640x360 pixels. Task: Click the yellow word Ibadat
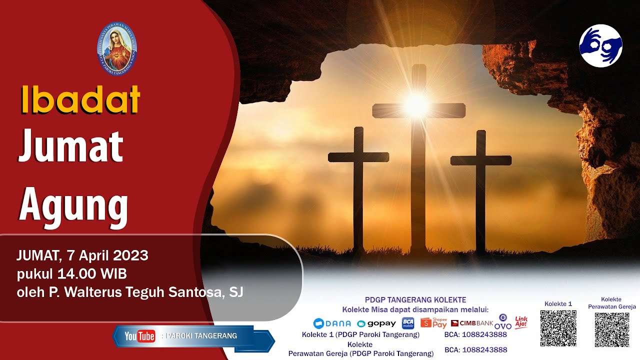point(80,99)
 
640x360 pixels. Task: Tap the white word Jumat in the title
point(70,146)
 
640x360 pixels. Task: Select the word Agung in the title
point(73,205)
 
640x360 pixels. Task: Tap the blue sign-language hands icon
point(600,45)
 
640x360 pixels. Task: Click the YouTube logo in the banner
point(140,336)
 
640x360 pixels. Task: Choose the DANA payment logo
point(332,323)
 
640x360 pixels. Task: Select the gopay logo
point(376,323)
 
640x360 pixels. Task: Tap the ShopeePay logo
point(433,322)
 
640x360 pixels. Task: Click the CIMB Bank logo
point(472,323)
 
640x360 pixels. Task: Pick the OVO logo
point(503,322)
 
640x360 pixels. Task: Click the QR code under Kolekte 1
point(558,328)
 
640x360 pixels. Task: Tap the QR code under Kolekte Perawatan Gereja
point(611,330)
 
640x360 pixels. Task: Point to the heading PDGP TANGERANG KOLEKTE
point(415,300)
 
